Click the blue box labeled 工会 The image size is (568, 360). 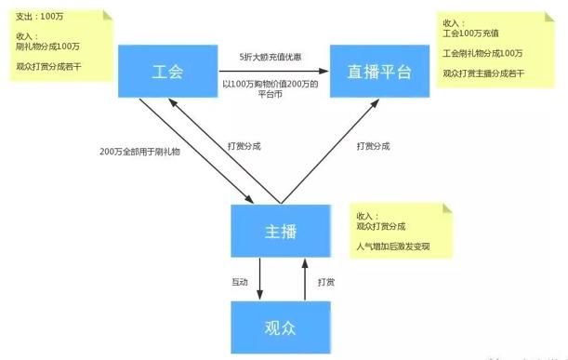(167, 70)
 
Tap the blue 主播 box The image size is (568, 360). (280, 231)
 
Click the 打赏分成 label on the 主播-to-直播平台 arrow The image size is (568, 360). (375, 146)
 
